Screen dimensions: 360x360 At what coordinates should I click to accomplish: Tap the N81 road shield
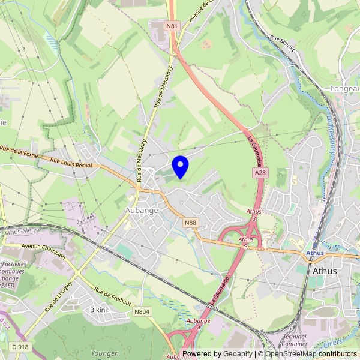coord(172,26)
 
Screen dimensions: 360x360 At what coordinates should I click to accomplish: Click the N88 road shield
coord(190,223)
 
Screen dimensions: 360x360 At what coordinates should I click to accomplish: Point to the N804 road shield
coord(142,312)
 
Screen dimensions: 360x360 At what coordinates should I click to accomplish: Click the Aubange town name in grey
coord(142,211)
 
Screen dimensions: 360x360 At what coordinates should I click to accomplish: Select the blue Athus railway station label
coord(314,253)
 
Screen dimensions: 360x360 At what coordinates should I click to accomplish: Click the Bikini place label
coord(98,310)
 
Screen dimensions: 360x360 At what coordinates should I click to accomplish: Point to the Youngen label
coord(104,353)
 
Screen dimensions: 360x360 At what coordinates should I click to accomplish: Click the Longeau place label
coord(344,88)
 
